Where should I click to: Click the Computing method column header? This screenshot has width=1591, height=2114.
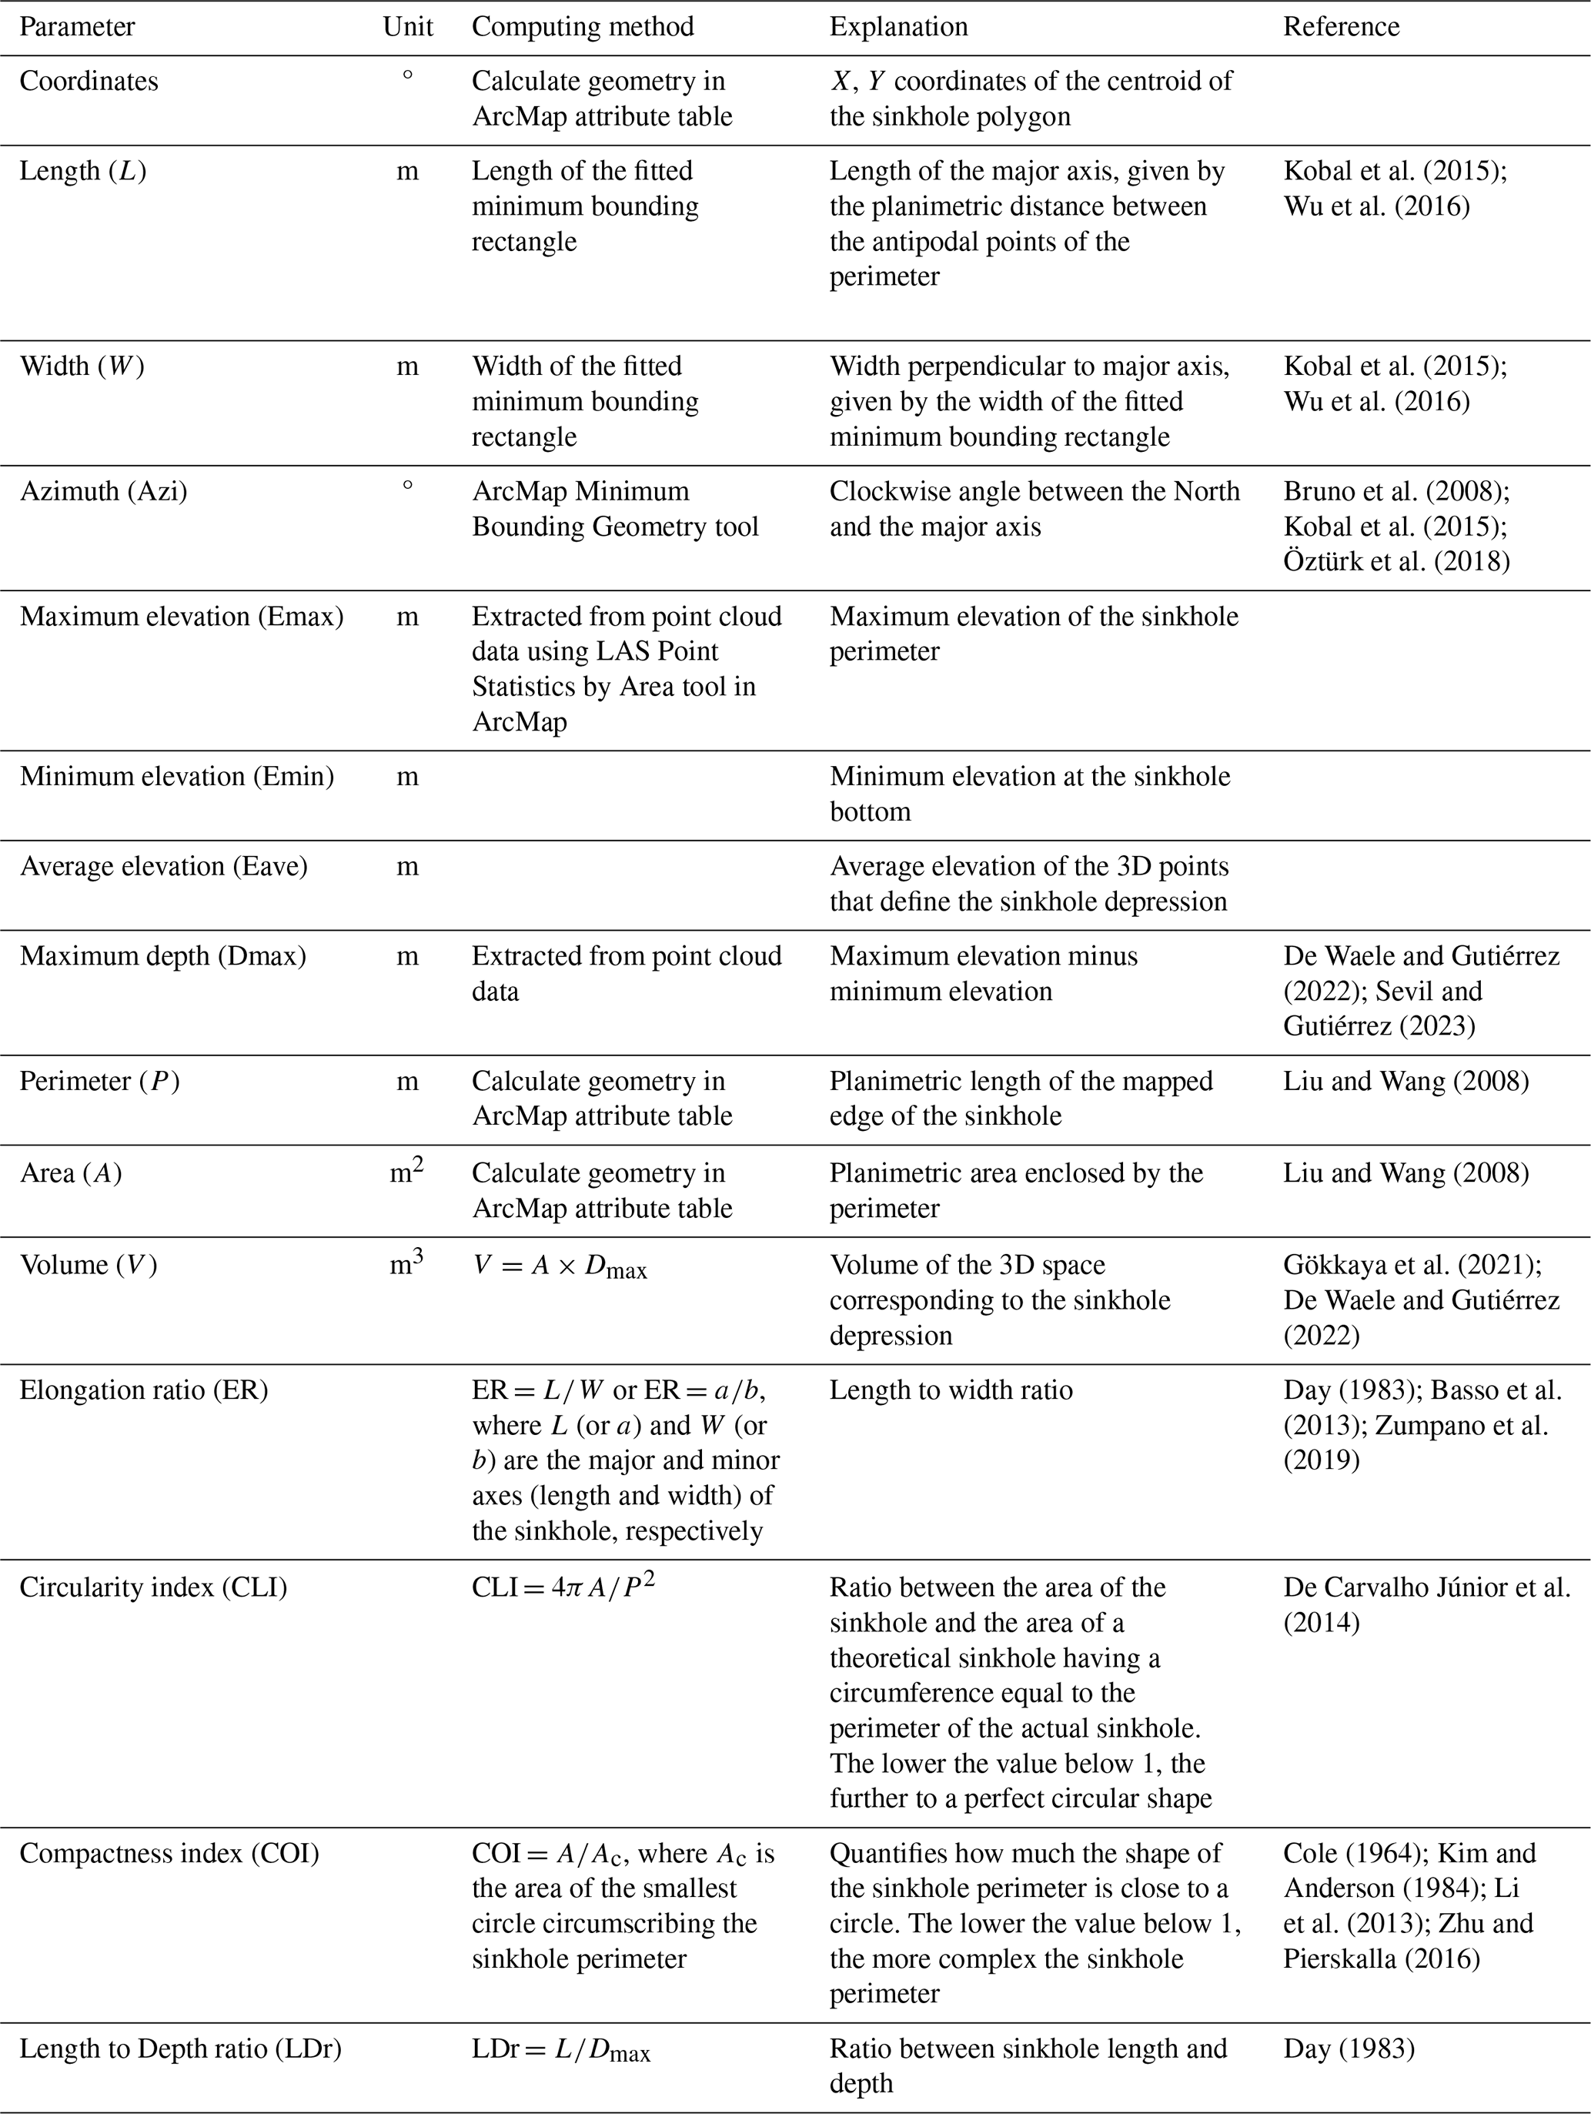(582, 27)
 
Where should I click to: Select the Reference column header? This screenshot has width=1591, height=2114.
(1341, 27)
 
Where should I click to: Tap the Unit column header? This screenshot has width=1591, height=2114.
(407, 27)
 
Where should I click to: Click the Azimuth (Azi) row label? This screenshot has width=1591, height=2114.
(103, 491)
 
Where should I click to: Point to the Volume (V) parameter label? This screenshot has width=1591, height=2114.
(88, 1266)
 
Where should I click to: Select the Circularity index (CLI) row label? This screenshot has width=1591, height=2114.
(153, 1587)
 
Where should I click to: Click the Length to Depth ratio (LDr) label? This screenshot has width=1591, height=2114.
(181, 2049)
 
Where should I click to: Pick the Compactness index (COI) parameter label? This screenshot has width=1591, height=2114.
(169, 1853)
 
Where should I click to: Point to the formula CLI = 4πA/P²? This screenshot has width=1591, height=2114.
(563, 1587)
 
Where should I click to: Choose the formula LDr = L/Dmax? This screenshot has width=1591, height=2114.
(561, 2051)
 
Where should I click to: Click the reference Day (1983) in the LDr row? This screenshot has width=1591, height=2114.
(1349, 2049)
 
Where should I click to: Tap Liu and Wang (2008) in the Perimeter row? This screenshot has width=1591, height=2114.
(1405, 1081)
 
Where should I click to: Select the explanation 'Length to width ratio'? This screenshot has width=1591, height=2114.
(951, 1390)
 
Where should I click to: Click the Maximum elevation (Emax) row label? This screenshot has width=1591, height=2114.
(182, 617)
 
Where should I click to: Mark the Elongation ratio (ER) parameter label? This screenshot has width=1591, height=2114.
(143, 1390)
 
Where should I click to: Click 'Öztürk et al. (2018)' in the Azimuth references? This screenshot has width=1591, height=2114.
(1396, 561)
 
